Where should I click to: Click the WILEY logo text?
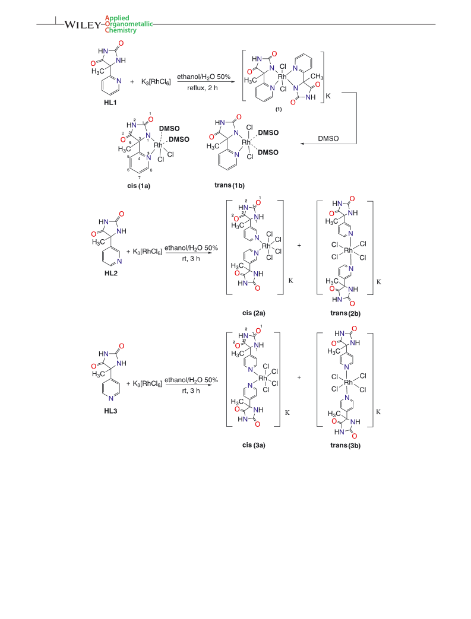83,24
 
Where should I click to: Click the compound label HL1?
110,103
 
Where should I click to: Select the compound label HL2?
110,273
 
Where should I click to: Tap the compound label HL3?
110,411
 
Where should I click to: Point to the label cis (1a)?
139,186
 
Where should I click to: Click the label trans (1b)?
230,185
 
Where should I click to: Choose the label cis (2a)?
254,313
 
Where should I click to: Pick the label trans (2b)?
345,313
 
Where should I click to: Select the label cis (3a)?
254,445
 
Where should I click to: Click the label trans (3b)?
345,445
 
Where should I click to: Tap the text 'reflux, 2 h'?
203,88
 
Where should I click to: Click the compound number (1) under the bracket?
279,109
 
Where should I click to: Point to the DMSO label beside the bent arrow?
328,138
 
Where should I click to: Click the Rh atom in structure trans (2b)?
348,250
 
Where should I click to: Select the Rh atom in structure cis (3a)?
263,378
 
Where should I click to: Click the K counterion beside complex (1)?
328,96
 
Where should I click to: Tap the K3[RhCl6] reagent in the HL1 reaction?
156,82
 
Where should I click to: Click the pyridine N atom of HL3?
111,398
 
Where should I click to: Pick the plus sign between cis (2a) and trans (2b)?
299,245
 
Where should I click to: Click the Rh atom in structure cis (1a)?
159,145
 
